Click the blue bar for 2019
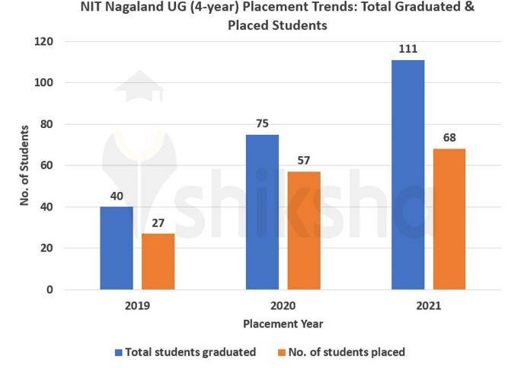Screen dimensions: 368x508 [117, 248]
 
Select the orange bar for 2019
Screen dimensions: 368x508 [158, 261]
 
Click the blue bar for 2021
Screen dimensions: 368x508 [407, 174]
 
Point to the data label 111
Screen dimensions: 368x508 [407, 49]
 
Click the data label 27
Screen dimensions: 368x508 [158, 222]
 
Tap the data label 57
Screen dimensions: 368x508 [303, 161]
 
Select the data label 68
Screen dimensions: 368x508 [449, 138]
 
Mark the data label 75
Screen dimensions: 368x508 [262, 123]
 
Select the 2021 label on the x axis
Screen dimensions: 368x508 [428, 306]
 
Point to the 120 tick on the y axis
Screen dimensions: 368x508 [43, 41]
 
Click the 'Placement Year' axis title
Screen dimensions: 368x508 [283, 324]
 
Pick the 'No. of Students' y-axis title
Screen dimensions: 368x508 [24, 165]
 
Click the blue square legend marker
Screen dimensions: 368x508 [118, 352]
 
